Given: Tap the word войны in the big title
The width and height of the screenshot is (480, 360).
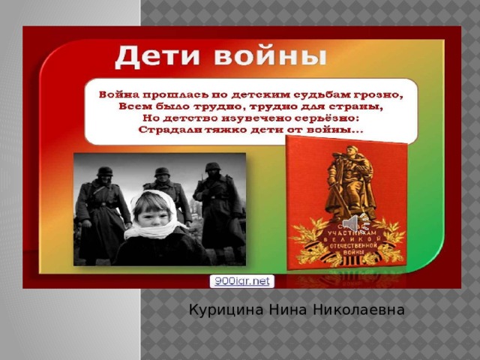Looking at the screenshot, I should [265, 56].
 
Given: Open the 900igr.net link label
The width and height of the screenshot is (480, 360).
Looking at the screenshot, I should [241, 281].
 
